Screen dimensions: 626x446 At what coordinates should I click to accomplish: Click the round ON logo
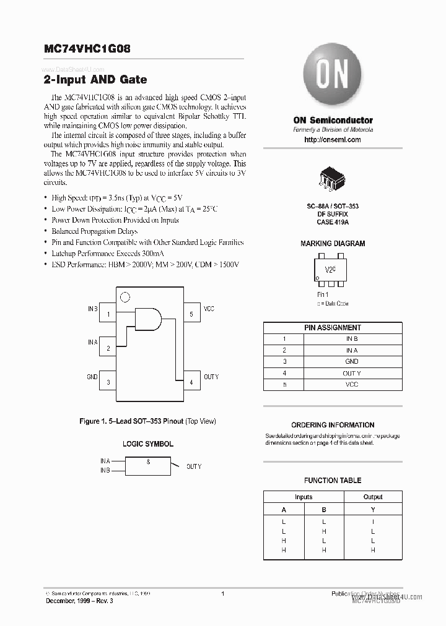tap(333, 79)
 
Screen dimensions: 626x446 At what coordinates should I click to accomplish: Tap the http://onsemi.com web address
tap(333, 140)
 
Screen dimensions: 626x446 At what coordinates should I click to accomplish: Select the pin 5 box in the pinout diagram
tap(191, 314)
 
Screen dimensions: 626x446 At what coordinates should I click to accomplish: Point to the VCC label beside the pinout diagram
tap(209, 309)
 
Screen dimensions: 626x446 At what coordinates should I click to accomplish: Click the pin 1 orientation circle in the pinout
tap(125, 298)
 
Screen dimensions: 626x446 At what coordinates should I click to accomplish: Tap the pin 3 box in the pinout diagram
tap(108, 382)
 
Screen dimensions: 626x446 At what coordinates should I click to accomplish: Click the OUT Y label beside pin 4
tap(211, 377)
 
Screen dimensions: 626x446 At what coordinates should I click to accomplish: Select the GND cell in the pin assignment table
tap(352, 361)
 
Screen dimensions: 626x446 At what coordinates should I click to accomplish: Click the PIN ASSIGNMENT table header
tap(333, 327)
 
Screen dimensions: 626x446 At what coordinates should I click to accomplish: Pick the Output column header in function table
tap(373, 497)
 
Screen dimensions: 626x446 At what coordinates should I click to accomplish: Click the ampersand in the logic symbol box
tap(148, 461)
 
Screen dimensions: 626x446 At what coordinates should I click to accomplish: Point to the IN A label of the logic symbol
tap(105, 461)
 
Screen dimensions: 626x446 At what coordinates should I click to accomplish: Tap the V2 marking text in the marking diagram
tap(330, 270)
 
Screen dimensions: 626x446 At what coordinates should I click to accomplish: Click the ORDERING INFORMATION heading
tap(333, 425)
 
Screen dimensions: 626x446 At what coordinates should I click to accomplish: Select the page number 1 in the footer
tap(222, 594)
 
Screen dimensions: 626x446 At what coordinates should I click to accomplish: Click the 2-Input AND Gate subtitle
tap(95, 80)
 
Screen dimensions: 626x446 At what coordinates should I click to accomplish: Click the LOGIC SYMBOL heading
tap(147, 444)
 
